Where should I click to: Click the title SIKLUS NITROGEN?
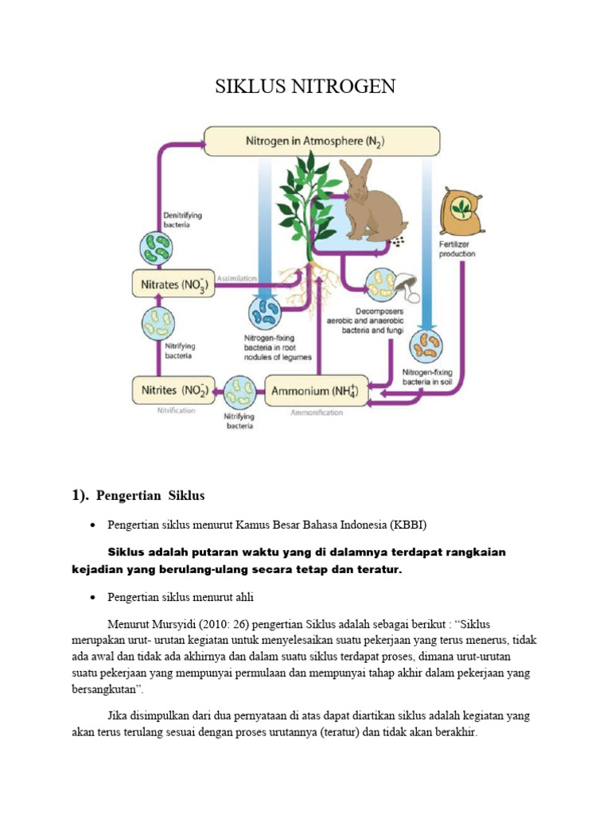point(305,87)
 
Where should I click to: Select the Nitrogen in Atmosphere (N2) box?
point(321,141)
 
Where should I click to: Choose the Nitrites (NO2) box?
point(172,391)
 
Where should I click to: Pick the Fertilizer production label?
point(457,249)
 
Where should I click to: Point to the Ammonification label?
point(316,413)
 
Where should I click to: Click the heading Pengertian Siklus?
point(150,495)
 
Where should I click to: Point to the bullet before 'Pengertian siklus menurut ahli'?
point(94,597)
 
